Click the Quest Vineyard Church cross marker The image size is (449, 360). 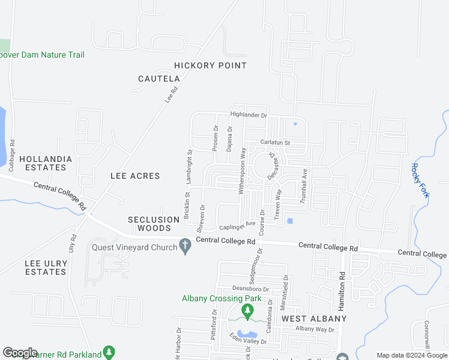pyautogui.click(x=185, y=246)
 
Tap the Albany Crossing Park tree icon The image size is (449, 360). pyautogui.click(x=247, y=311)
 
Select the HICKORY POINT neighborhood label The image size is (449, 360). pyautogui.click(x=210, y=65)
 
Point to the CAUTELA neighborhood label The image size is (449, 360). pyautogui.click(x=159, y=79)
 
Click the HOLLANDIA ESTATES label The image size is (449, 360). pyautogui.click(x=46, y=163)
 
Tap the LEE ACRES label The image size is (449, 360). pyautogui.click(x=135, y=176)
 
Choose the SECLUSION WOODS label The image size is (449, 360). pyautogui.click(x=154, y=224)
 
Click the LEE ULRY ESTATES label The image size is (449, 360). pyautogui.click(x=46, y=268)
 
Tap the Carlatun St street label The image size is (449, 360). pyautogui.click(x=274, y=143)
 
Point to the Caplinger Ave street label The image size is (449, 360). pyautogui.click(x=237, y=226)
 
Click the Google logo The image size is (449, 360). pyautogui.click(x=20, y=353)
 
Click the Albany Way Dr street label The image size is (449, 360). pyautogui.click(x=314, y=329)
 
